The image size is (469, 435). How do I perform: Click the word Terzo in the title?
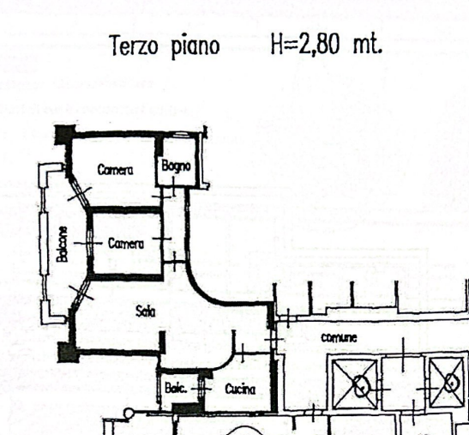(134, 45)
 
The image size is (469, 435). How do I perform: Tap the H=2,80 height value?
(306, 45)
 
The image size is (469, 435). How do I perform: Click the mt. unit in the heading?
(367, 45)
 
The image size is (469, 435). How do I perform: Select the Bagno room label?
(176, 166)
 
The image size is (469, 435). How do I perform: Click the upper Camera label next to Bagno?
(116, 170)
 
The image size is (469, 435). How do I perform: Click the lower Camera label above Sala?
(126, 244)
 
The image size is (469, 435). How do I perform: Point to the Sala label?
(146, 311)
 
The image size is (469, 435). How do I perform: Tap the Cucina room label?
(240, 390)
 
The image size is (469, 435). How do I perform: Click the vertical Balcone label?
(63, 245)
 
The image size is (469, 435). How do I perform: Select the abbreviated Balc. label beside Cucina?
(176, 389)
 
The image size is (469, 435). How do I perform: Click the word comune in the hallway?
(340, 338)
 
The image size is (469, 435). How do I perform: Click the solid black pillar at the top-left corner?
(64, 135)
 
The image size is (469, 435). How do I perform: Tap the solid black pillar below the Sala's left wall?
(69, 353)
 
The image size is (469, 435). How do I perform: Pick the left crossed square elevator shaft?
(354, 384)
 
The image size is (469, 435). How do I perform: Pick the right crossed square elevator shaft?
(447, 382)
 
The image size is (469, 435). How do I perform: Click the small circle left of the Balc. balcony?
(129, 414)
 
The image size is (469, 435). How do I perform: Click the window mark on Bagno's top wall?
(181, 135)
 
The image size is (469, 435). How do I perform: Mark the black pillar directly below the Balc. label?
(187, 408)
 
